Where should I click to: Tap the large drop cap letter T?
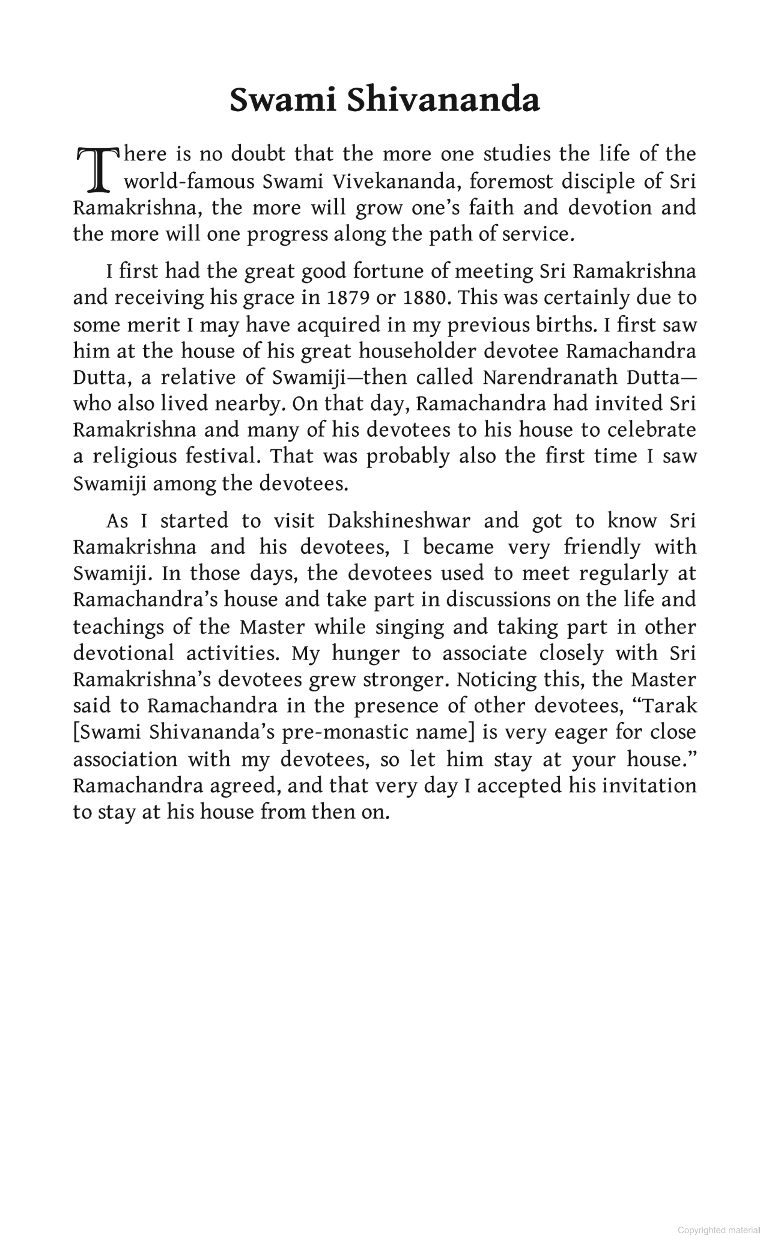(x=96, y=168)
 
